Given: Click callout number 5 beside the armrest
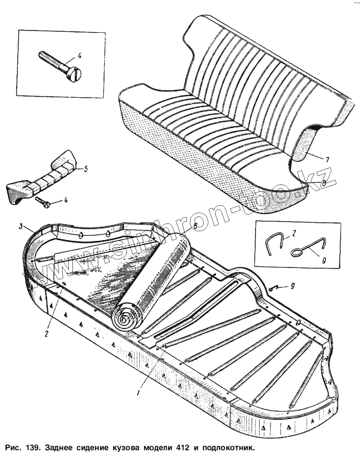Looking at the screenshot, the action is tap(85, 169).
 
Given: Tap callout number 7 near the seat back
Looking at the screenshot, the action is tap(327, 159).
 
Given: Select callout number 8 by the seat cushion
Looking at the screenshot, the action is tap(323, 182).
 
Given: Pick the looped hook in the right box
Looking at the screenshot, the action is tap(304, 249).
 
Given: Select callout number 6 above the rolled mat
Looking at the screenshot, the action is tap(195, 226).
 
